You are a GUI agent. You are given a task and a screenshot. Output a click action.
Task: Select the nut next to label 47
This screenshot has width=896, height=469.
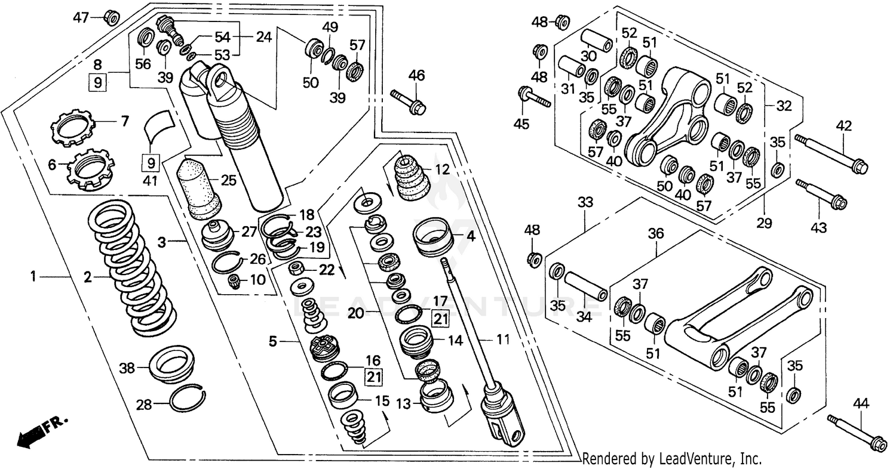click(111, 17)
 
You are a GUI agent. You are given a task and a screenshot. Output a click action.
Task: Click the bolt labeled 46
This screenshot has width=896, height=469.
click(408, 101)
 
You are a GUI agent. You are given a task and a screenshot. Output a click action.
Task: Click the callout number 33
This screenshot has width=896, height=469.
click(585, 202)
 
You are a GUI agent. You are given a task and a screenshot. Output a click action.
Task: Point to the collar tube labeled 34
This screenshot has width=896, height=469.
click(586, 287)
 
